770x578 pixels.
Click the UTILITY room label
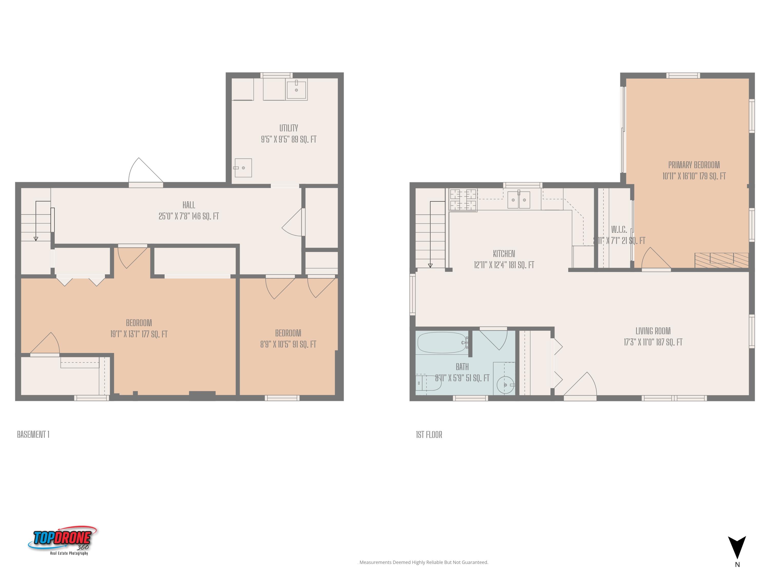coord(288,128)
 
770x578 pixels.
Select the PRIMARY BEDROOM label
coord(694,165)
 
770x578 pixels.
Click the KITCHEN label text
coord(504,254)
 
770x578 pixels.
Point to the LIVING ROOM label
coord(653,331)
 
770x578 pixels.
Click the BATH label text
coord(462,367)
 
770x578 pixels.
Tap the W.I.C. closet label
coord(619,230)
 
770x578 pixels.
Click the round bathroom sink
coord(505,385)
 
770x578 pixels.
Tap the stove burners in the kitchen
coord(463,200)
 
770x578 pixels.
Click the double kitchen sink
coord(519,200)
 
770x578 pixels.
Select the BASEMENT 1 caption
coord(33,434)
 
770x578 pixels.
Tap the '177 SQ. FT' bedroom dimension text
coord(155,334)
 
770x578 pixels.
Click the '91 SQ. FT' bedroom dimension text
coord(304,344)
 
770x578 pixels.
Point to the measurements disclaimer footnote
coord(424,562)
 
